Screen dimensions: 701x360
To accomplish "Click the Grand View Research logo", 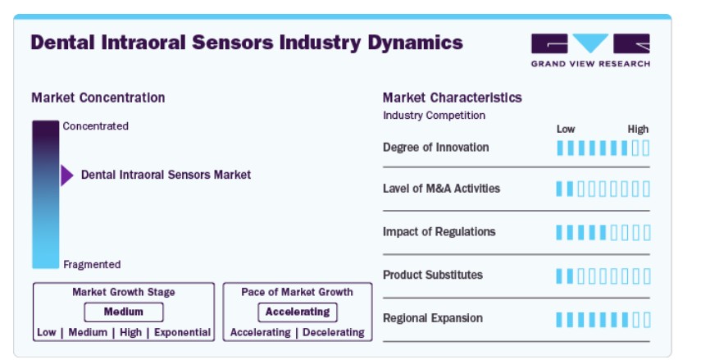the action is (590, 50).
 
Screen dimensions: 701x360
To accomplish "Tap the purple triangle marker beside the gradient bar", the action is (67, 175).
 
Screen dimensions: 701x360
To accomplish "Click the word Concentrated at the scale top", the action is (96, 126).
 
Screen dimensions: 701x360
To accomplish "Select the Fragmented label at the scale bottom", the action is (92, 265).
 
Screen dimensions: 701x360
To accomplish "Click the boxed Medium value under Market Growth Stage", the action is (123, 312).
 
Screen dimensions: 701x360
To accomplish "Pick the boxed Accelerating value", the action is (298, 312).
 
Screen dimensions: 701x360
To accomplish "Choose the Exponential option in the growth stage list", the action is (182, 332).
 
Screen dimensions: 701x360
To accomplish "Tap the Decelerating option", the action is (334, 332).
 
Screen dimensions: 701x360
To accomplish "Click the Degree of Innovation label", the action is (436, 147).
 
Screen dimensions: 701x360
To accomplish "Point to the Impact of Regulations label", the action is (439, 231).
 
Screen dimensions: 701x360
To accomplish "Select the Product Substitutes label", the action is (433, 275).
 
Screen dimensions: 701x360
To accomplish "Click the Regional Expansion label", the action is (433, 318).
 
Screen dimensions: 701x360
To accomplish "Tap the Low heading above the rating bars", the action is (566, 130).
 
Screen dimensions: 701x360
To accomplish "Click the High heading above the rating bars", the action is (638, 130).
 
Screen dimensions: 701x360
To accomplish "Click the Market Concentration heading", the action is (98, 98).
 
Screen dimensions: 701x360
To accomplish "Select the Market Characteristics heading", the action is (452, 98).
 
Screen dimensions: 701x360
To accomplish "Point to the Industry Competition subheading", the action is (434, 116).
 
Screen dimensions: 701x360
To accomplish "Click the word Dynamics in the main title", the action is (416, 43).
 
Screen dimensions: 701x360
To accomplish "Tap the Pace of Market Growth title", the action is (298, 292).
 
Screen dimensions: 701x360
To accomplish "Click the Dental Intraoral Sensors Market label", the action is (166, 175).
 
